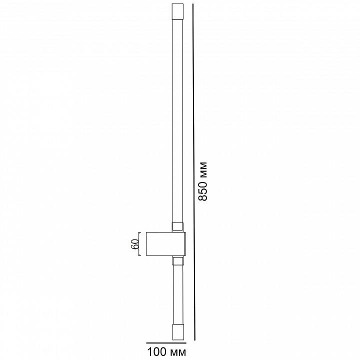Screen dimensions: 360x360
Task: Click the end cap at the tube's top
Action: pos(177,11)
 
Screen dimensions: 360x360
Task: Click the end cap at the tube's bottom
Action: pos(178,332)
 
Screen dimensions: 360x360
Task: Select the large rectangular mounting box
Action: pos(166,244)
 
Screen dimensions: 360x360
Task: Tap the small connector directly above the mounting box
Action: pos(178,226)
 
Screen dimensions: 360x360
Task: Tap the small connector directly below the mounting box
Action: pos(178,261)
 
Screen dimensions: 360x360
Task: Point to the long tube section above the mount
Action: pos(177,121)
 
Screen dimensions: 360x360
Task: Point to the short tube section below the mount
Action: pos(178,294)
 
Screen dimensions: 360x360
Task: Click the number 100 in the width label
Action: pos(156,351)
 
